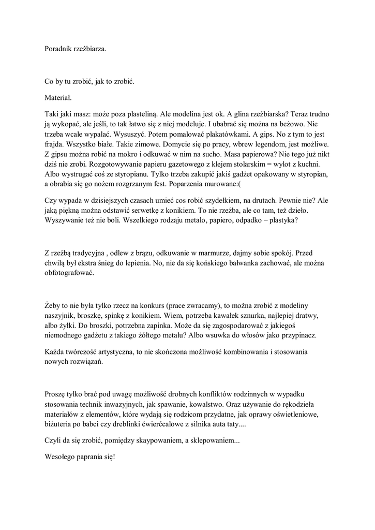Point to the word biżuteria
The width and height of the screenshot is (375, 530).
click(x=60, y=424)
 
